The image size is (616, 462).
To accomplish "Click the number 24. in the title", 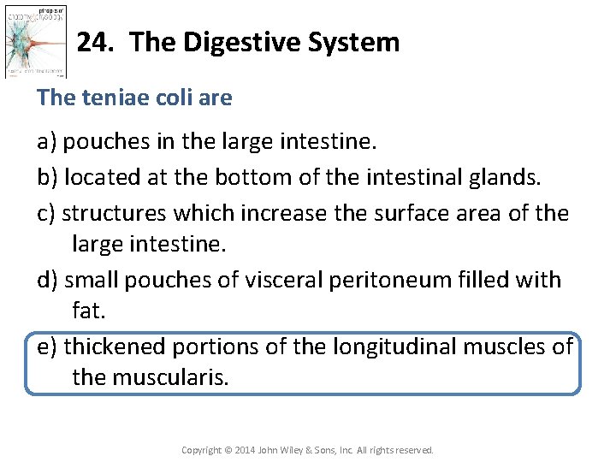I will click(x=95, y=42).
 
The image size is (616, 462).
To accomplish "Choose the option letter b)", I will click(x=49, y=177).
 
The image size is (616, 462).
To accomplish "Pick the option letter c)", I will click(x=48, y=212).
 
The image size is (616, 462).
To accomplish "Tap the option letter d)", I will click(x=49, y=280).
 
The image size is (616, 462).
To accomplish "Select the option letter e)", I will click(x=49, y=346).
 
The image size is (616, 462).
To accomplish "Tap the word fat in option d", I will click(x=87, y=311).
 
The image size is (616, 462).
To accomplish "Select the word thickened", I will click(x=115, y=346).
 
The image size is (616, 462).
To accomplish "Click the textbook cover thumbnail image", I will click(x=36, y=40).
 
